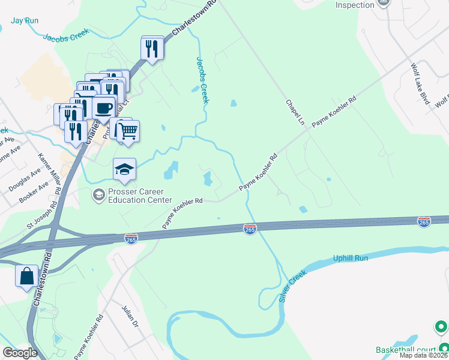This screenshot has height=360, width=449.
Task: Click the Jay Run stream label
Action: pos(25,20)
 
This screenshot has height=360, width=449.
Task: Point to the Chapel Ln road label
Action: pos(296,112)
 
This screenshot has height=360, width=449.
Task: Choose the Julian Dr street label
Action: pos(131,327)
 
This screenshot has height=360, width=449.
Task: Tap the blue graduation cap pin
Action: pos(124,170)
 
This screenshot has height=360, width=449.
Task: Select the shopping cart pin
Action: pos(127,130)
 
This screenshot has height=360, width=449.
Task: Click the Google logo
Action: pos(20,353)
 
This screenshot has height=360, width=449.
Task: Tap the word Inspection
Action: pos(355,5)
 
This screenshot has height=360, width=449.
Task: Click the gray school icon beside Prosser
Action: pos(97,194)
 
